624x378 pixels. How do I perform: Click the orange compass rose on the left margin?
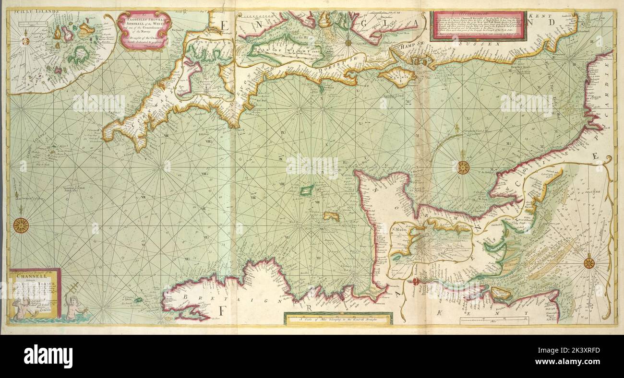(21, 225)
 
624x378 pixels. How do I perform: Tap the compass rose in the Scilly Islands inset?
(25, 41)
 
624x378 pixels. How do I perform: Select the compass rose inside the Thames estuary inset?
(589, 263)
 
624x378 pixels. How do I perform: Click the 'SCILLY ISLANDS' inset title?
(31, 11)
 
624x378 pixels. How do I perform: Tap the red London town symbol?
(416, 281)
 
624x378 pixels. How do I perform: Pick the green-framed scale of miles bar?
(338, 318)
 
